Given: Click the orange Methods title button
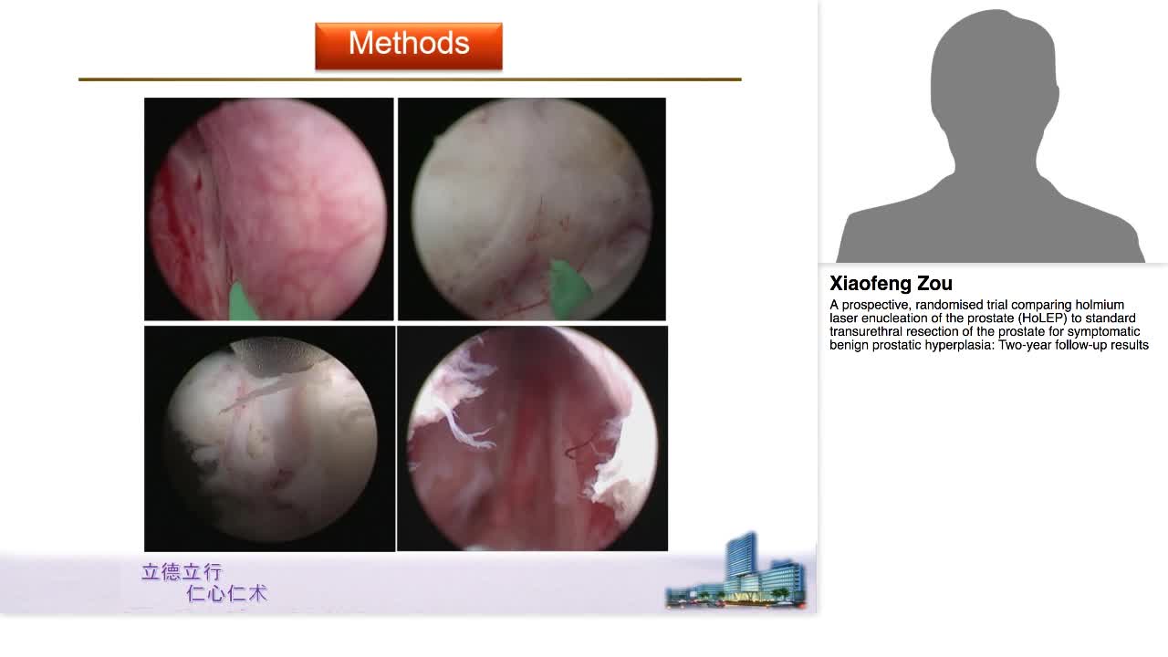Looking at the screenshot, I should click(x=408, y=45).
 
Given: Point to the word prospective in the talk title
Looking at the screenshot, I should click(x=878, y=305).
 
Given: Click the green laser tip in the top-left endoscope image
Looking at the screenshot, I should click(x=243, y=304).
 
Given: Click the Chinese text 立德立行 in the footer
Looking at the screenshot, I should click(x=182, y=572).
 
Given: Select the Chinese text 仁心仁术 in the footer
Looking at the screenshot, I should click(x=226, y=593).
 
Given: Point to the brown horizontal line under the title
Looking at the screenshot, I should click(x=410, y=79).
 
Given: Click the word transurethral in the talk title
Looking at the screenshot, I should click(x=864, y=331).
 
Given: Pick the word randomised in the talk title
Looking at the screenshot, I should click(x=958, y=305).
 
